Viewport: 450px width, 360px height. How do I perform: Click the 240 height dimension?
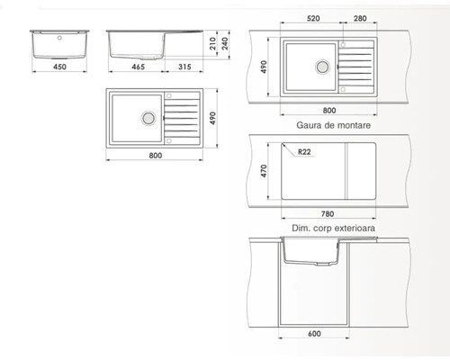229,41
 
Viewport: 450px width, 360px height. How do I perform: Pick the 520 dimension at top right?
312,18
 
